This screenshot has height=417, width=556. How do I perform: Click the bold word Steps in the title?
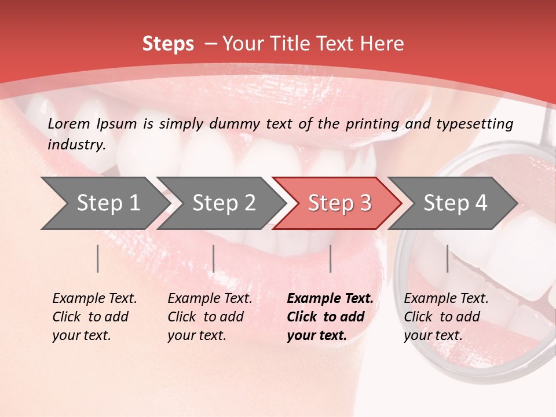(168, 44)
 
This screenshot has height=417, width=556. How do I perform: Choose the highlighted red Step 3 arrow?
(339, 203)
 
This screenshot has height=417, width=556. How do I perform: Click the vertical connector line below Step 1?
(98, 258)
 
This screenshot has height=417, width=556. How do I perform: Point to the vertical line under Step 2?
(214, 258)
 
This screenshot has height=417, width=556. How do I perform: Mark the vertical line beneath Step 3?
(330, 258)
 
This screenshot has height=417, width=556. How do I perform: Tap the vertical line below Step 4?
(447, 258)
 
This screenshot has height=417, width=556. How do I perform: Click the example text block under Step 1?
(94, 317)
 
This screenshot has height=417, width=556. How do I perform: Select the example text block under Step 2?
(210, 317)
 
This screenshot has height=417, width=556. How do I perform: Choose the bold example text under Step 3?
(330, 317)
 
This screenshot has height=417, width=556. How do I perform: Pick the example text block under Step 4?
(446, 317)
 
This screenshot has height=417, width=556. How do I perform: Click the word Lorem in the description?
(69, 124)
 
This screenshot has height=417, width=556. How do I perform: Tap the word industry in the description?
(76, 145)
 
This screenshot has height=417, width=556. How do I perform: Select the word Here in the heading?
(384, 44)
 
